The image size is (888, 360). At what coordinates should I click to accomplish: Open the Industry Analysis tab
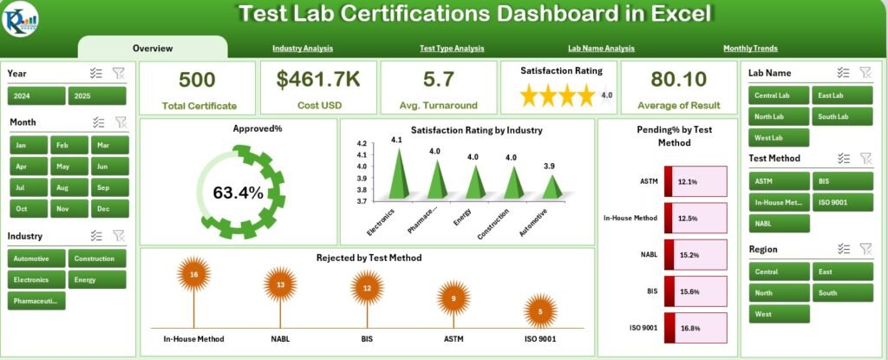coord(302,49)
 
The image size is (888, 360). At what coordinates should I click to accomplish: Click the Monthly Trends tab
coord(750,49)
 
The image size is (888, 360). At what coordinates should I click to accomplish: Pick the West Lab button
coord(780,137)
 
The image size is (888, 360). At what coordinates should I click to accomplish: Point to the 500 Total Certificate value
coord(198,80)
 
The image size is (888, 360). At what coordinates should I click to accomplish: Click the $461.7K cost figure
coord(318,80)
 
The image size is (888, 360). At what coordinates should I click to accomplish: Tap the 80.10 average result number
coord(678,80)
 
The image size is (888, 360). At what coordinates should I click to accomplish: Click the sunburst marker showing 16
coord(194,274)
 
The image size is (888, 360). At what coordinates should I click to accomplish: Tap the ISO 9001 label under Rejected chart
coord(540,337)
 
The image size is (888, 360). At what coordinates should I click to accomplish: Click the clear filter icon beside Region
coord(865,249)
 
